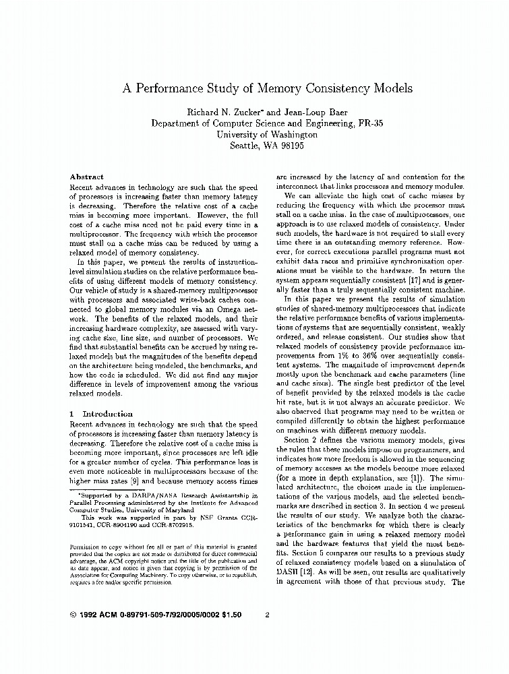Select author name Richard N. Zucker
tap(218, 112)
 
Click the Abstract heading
tap(87, 177)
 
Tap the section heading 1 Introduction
tap(101, 413)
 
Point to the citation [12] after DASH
tap(312, 572)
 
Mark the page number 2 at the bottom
tap(268, 615)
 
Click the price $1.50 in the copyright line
tap(228, 615)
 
